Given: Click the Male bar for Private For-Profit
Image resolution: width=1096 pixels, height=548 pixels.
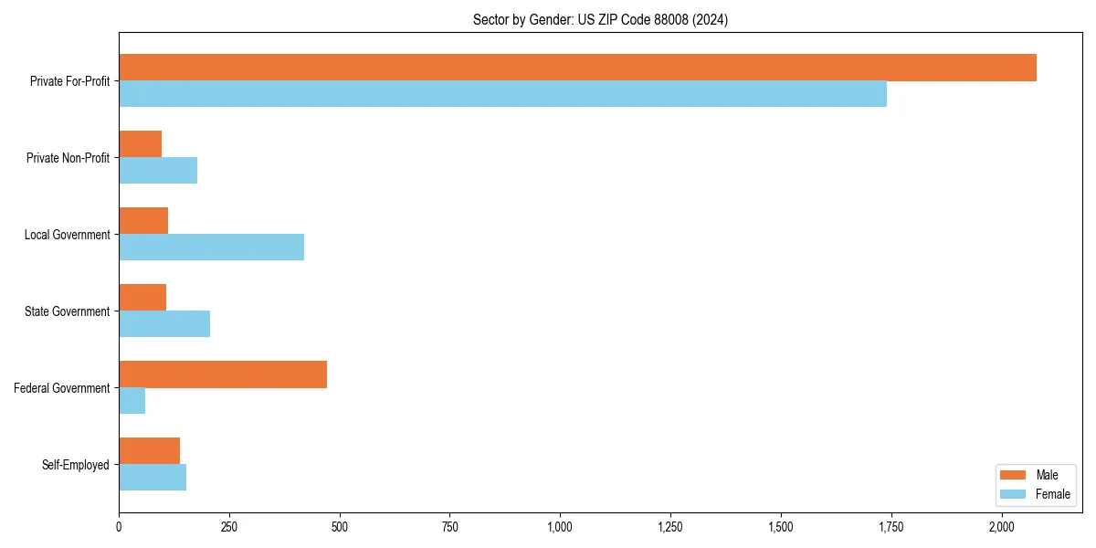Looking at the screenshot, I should click(577, 68).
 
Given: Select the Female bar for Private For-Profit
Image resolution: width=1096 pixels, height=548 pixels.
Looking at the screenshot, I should click(502, 94).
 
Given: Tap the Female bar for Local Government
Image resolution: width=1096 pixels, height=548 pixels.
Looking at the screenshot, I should click(211, 248).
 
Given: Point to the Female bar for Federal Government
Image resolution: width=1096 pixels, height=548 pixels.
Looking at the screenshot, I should click(132, 401).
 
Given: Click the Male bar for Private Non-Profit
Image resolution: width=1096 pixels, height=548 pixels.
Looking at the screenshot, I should click(141, 144).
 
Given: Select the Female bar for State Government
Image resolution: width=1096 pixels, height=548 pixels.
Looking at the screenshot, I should click(164, 324).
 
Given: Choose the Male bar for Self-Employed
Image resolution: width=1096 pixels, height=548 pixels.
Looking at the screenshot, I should click(150, 451).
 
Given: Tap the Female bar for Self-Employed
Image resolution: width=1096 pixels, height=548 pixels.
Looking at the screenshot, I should click(153, 478).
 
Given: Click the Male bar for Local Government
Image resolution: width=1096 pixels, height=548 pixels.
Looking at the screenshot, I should click(143, 221).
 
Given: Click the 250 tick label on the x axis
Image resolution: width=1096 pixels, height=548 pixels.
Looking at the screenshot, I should click(229, 527).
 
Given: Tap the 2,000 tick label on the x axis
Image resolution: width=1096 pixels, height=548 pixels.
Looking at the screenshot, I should click(1001, 527).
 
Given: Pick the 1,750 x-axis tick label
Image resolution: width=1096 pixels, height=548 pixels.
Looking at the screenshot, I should click(890, 527).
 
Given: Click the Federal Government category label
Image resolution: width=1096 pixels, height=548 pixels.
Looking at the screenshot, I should click(62, 388).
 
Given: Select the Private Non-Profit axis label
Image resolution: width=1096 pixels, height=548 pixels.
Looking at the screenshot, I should click(68, 158).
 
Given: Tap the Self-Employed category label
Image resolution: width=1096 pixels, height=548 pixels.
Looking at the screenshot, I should click(76, 465).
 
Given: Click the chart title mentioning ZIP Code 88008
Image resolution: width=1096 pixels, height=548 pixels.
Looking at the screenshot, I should click(600, 19).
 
